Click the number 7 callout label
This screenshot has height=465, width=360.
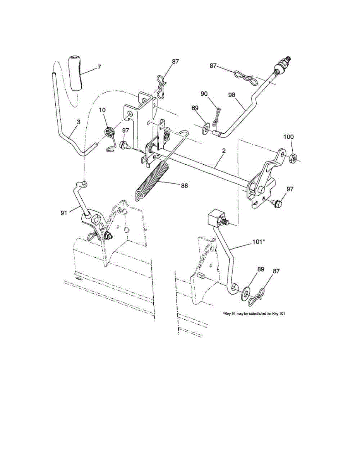99,67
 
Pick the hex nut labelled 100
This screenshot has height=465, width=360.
293,157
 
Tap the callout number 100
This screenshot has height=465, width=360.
289,137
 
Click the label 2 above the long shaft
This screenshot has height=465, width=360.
223,150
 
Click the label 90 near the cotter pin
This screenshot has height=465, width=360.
204,94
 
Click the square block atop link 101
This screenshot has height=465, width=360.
215,219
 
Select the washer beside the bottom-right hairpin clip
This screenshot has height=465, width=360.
246,293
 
